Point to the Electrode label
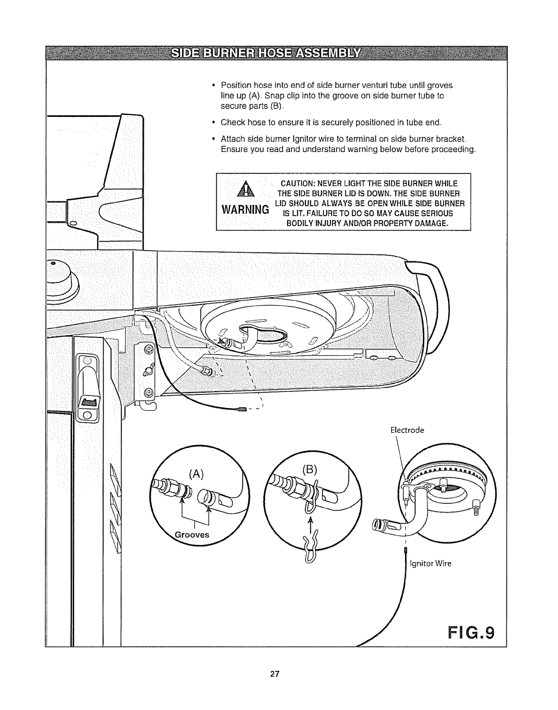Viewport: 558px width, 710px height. point(407,430)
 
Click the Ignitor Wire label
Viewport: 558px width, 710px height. point(430,563)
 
